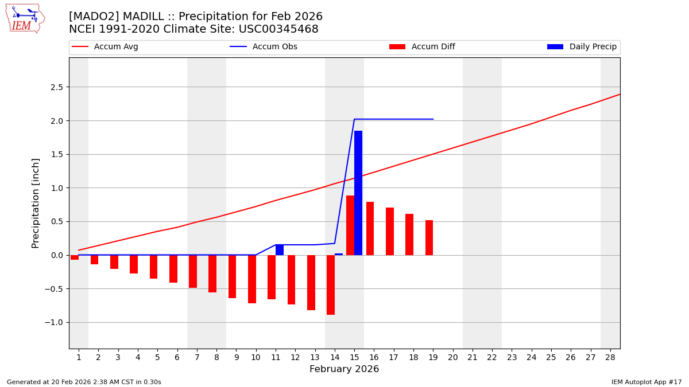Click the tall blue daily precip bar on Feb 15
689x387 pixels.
[358, 193]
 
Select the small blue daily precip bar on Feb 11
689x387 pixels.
[280, 250]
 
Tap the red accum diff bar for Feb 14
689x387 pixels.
[331, 285]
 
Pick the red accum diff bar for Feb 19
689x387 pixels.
[429, 237]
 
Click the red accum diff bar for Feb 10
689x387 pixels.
[252, 279]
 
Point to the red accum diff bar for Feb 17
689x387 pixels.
[390, 231]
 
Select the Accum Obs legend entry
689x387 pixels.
[264, 47]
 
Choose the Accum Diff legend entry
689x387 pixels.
[422, 47]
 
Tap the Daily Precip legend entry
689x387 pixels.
[582, 47]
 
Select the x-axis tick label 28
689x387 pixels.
[610, 358]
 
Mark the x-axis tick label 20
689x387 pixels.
[452, 358]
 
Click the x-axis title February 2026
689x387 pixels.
[344, 370]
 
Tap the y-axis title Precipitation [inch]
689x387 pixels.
[36, 203]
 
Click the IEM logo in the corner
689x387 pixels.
[25, 18]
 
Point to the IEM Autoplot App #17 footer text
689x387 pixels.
[646, 382]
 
